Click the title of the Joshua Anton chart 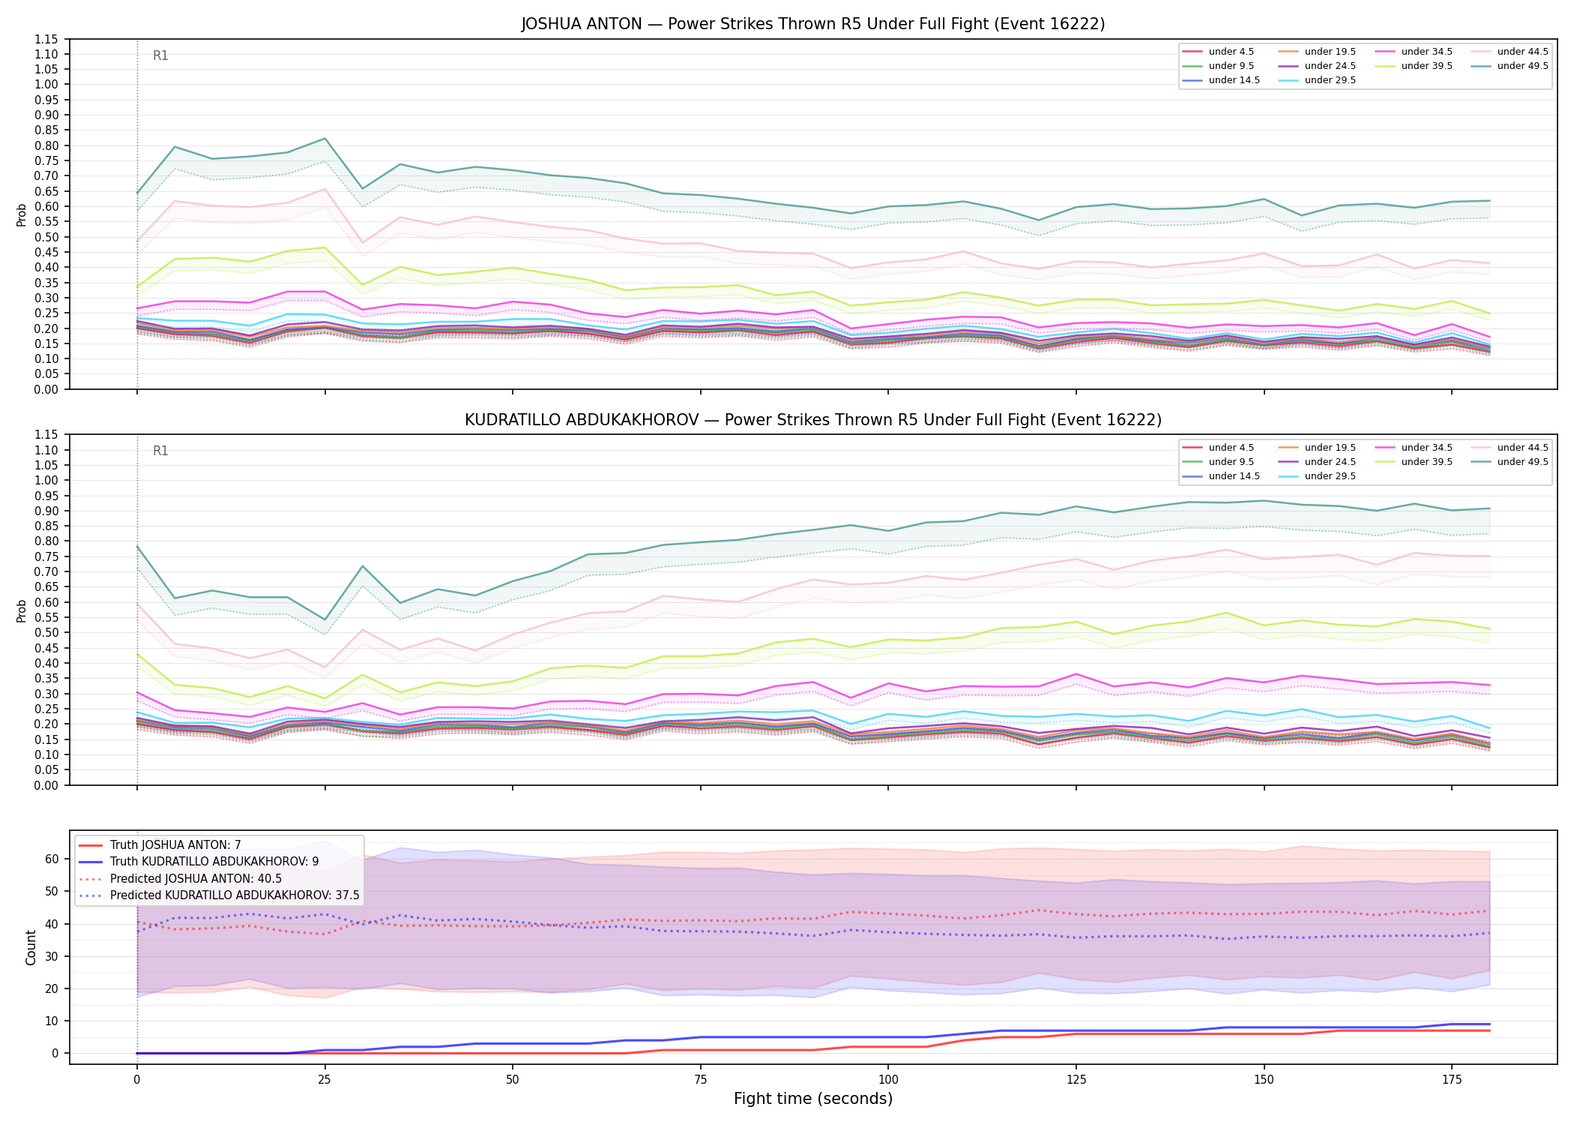[813, 24]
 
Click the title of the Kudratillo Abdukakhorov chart [813, 420]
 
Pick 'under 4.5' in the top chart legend [1231, 52]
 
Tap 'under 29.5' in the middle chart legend [1330, 476]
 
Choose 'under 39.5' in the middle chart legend [1427, 462]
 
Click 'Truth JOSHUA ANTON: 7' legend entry [175, 845]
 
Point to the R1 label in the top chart [160, 55]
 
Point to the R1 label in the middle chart [160, 451]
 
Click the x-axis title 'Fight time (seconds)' [813, 1099]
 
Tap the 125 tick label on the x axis [1076, 1080]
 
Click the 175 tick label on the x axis [1452, 1080]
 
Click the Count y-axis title [31, 947]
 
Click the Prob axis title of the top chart [22, 214]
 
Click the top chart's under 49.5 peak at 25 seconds [325, 138]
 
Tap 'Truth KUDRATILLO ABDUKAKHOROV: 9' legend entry [214, 862]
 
